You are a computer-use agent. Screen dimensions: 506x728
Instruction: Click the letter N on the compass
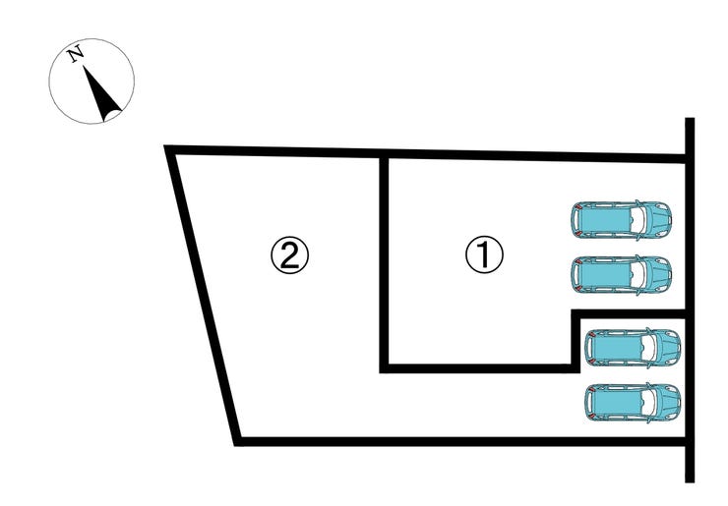tap(75, 54)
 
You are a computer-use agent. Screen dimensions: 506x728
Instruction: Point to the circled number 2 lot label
tap(290, 255)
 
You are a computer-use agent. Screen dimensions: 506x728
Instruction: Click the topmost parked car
tap(622, 220)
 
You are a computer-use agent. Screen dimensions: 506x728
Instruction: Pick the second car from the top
tap(622, 274)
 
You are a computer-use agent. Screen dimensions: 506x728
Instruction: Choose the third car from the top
tap(632, 347)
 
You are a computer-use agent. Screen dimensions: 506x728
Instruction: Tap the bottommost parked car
tap(632, 402)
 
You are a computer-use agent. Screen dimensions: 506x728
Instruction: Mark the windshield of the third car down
tap(650, 347)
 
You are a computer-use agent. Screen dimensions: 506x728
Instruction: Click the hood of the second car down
tap(657, 274)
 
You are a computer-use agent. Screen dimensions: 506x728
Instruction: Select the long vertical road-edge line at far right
tap(690, 295)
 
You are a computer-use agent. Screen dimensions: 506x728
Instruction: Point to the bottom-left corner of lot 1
tap(386, 368)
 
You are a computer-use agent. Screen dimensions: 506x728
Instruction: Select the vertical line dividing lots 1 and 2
tap(386, 260)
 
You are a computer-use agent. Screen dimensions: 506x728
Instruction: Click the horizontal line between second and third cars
tap(630, 313)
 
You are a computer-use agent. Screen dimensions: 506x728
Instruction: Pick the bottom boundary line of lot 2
tap(462, 440)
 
